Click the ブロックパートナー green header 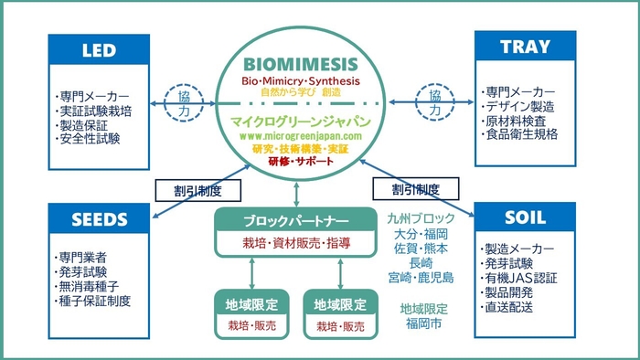tap(295, 221)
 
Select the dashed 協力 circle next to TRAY tap(434, 101)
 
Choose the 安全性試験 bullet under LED tap(88, 139)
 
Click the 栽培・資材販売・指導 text tap(295, 244)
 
